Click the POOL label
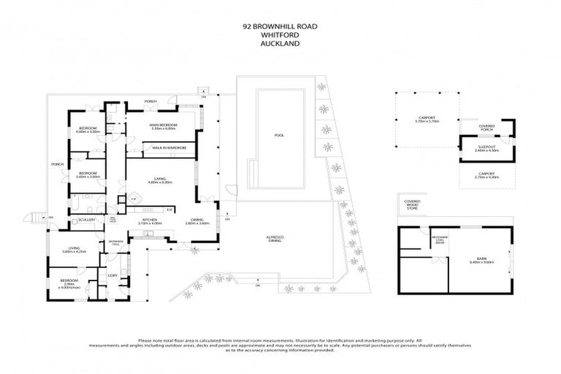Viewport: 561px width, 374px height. tap(278, 135)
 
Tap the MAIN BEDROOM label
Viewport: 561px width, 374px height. tap(164, 127)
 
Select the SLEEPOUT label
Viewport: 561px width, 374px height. tap(486, 148)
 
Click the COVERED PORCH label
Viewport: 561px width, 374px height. tap(486, 129)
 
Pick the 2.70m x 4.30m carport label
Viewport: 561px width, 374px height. tap(486, 175)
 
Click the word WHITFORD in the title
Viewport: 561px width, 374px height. tap(280, 34)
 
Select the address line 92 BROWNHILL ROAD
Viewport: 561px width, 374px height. tap(280, 25)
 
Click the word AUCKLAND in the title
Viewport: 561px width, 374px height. tap(280, 42)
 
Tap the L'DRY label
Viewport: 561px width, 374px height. tap(113, 275)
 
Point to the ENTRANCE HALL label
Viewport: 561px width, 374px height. tap(115, 242)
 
